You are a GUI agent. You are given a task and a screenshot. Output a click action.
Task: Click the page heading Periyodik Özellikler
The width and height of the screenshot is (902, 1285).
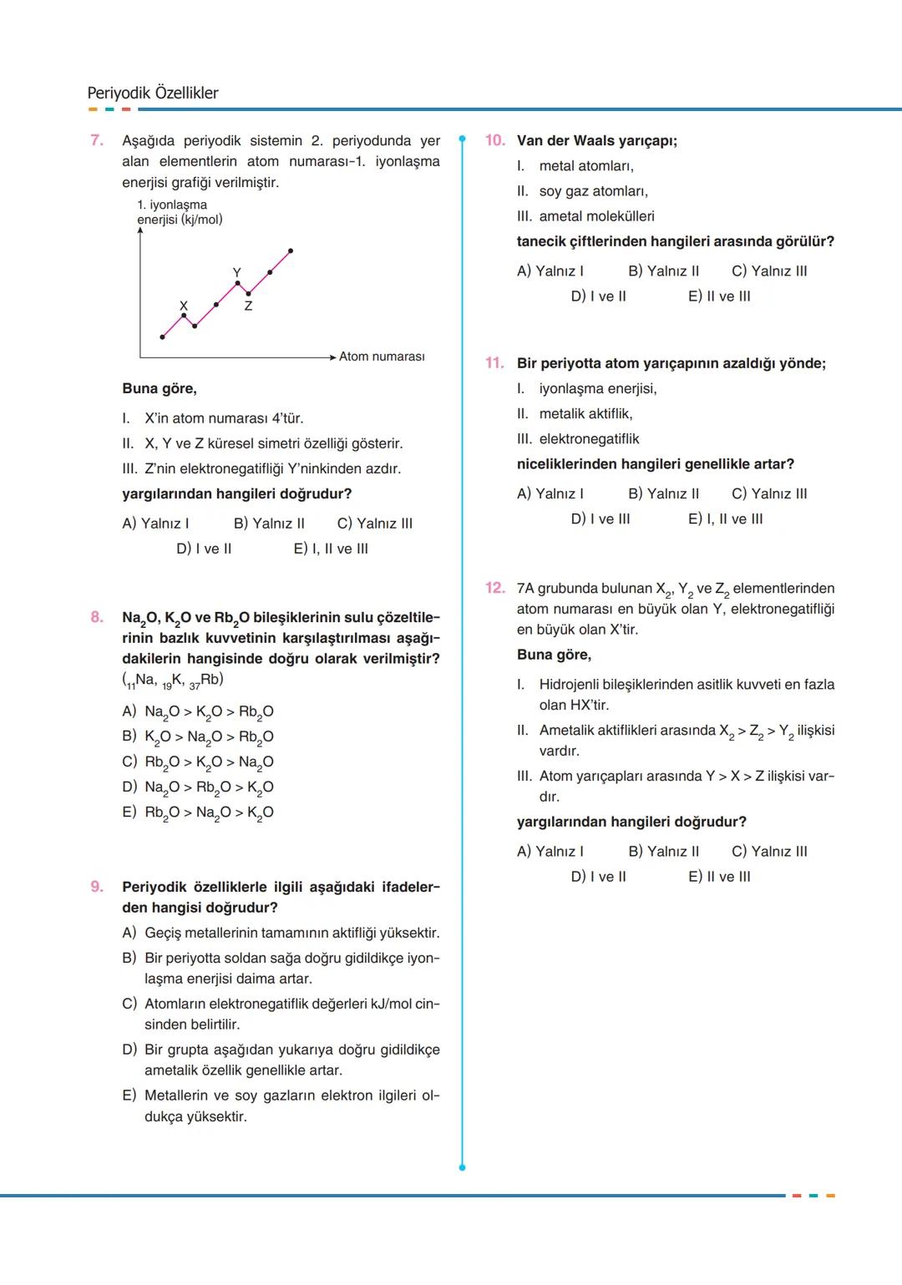tap(153, 93)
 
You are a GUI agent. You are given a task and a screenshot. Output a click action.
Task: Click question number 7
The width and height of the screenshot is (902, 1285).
tap(97, 140)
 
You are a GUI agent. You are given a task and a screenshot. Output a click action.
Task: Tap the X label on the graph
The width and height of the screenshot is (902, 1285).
tap(184, 306)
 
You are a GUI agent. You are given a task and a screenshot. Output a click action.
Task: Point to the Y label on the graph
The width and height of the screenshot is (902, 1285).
tap(236, 272)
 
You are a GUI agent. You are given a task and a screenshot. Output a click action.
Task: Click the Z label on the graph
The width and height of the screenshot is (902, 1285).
tap(248, 306)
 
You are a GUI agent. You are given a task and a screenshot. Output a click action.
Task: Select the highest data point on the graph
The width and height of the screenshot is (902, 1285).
tap(291, 250)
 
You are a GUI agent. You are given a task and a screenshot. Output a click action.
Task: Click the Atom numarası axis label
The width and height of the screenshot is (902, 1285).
tap(382, 357)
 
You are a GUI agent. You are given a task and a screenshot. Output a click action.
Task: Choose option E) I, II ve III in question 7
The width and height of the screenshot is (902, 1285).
tap(331, 549)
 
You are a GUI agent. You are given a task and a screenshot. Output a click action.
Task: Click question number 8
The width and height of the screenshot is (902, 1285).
tap(97, 617)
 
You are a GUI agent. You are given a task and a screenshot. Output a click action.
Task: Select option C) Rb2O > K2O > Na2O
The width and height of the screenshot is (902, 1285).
tap(198, 761)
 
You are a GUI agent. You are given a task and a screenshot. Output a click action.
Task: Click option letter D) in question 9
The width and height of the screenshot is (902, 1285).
tap(129, 1050)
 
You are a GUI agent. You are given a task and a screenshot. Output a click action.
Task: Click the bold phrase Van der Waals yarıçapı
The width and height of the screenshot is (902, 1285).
tap(596, 140)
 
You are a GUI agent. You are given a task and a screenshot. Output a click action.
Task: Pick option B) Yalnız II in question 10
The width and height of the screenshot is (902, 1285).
tap(663, 271)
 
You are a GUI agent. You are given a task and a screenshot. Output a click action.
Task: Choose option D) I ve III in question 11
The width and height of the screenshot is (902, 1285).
tap(600, 519)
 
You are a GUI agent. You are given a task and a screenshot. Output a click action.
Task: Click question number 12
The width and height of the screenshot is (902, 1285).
tap(494, 588)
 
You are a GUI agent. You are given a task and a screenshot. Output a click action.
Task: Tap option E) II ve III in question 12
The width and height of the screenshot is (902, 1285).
tap(719, 877)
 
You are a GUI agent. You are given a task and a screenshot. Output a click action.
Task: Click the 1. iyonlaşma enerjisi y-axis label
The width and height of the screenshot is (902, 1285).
tap(179, 212)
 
